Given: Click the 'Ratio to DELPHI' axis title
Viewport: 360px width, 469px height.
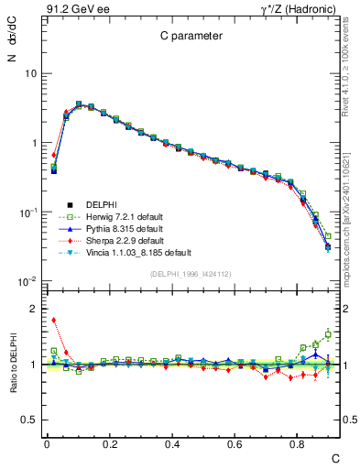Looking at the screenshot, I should coord(11,365).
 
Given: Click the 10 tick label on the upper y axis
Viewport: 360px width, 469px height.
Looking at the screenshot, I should coord(28,73).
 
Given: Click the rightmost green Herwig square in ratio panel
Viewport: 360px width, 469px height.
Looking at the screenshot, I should coord(328,334).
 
